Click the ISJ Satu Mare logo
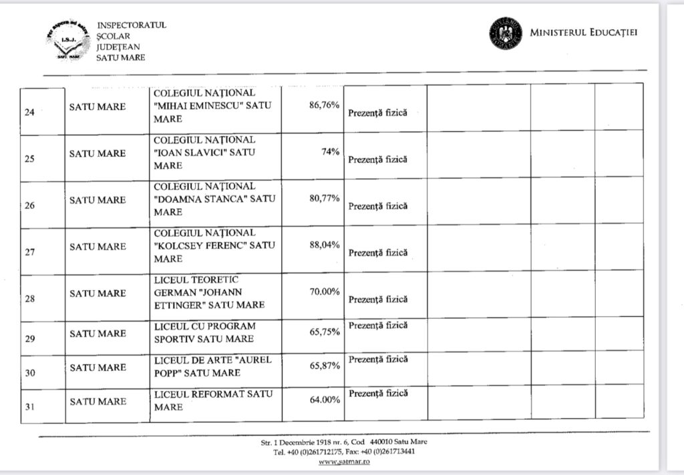tap(68, 41)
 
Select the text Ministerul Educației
tap(583, 33)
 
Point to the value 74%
tap(331, 151)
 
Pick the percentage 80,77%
tap(325, 198)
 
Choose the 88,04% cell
tap(325, 245)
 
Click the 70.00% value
tap(325, 292)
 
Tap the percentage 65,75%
tap(325, 332)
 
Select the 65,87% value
tap(325, 366)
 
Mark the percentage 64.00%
tap(325, 400)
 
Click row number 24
tap(29, 111)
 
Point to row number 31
tap(29, 402)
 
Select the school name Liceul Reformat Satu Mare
tap(213, 400)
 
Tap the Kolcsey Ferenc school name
tap(214, 246)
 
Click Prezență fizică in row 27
tap(377, 253)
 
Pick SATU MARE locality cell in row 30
tap(98, 367)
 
